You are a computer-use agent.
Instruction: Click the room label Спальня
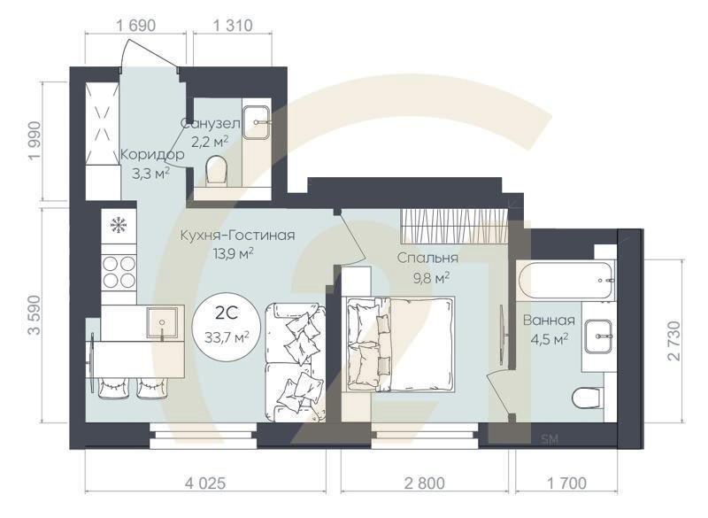coord(427,259)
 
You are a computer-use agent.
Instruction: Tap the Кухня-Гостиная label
coord(236,236)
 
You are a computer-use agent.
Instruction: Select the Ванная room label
coord(549,321)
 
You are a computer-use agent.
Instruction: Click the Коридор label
coord(152,154)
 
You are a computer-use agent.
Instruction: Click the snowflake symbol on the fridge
coord(118,225)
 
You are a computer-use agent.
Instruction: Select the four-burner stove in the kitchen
coord(119,272)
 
